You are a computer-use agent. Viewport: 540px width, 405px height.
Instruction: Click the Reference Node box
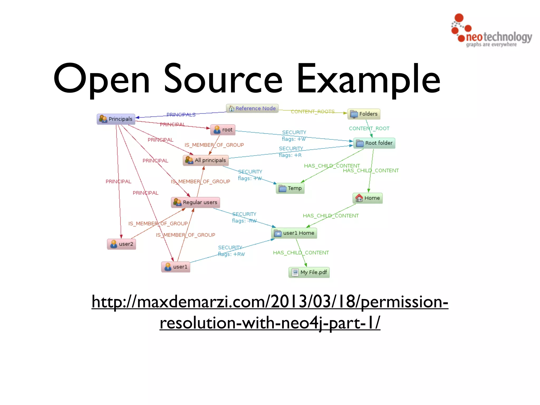point(252,108)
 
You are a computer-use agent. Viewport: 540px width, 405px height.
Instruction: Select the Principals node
point(116,119)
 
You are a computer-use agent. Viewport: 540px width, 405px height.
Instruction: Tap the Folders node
point(364,114)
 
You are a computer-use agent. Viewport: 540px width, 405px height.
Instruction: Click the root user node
point(223,130)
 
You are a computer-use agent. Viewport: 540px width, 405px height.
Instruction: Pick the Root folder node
point(374,143)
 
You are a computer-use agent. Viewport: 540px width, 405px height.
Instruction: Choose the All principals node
point(206,160)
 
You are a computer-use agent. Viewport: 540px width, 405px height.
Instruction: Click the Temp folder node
point(290,188)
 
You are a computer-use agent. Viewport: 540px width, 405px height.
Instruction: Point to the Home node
point(368,198)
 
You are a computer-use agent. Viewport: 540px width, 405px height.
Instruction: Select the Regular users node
point(195,202)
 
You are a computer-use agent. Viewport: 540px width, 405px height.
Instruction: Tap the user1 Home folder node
point(294,233)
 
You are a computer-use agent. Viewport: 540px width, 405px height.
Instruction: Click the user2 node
point(122,244)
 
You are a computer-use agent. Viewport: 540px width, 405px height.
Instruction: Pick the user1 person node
point(176,267)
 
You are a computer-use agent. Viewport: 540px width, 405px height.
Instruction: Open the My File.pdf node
point(309,272)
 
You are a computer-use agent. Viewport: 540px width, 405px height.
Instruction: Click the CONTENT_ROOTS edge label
point(312,112)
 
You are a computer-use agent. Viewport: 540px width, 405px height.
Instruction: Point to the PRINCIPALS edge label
point(181,114)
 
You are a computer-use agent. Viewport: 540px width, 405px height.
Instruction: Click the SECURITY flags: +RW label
point(231,251)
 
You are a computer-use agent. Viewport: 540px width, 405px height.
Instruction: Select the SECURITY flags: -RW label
point(244,217)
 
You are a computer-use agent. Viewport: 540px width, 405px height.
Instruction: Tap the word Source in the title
point(223,79)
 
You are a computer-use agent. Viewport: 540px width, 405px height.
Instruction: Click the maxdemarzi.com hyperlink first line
point(270,302)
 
